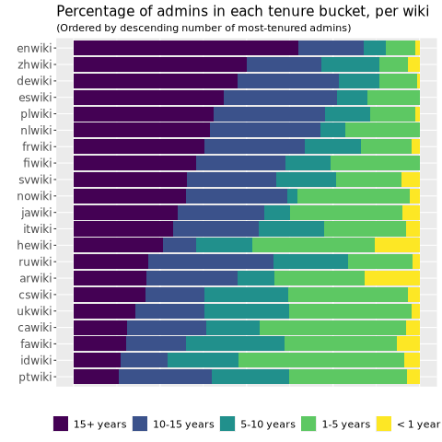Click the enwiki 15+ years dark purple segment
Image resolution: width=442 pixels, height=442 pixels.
pyautogui.click(x=186, y=48)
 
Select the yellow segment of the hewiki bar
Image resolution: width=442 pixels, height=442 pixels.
pyautogui.click(x=397, y=245)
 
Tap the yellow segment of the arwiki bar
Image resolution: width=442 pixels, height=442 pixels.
pyautogui.click(x=392, y=278)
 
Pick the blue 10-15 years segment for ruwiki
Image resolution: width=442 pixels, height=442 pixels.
pyautogui.click(x=211, y=262)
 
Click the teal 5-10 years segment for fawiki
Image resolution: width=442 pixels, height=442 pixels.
pyautogui.click(x=235, y=343)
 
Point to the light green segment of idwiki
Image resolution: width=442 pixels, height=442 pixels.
pyautogui.click(x=321, y=360)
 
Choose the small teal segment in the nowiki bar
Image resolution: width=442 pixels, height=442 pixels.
pyautogui.click(x=292, y=196)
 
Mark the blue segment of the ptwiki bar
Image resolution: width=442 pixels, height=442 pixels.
pyautogui.click(x=165, y=377)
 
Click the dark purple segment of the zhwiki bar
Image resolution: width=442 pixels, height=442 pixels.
pyautogui.click(x=160, y=64)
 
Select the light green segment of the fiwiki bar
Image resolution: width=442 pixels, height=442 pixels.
pyautogui.click(x=375, y=163)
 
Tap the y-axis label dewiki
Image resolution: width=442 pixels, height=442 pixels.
pyautogui.click(x=34, y=81)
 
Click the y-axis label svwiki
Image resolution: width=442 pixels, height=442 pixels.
pyautogui.click(x=35, y=180)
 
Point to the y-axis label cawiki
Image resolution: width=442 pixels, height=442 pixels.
pyautogui.click(x=35, y=328)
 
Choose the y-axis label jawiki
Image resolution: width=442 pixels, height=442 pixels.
pyautogui.click(x=37, y=213)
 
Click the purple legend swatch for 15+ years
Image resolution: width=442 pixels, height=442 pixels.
pyautogui.click(x=61, y=424)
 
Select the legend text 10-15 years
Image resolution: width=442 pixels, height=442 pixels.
pyautogui.click(x=183, y=425)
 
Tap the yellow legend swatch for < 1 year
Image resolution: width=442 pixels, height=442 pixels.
pyautogui.click(x=384, y=424)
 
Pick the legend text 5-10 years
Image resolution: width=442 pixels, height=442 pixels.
pyautogui.click(x=268, y=425)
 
